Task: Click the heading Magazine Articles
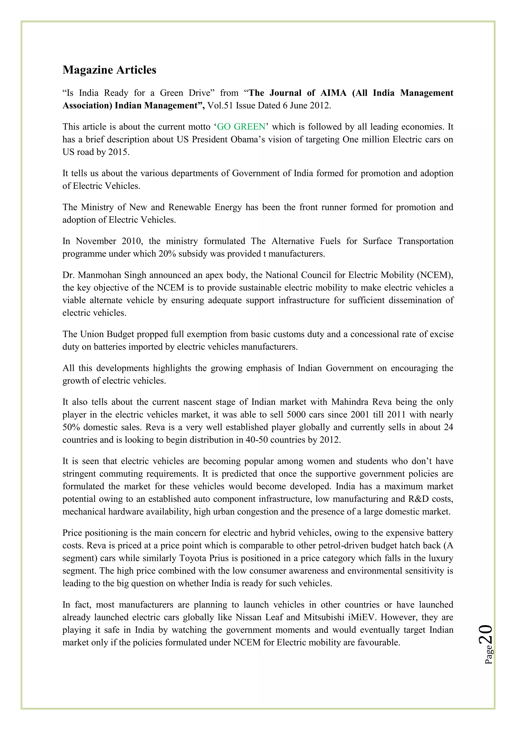pos(109,70)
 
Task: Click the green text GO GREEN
pos(241,127)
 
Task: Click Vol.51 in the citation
pos(220,106)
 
